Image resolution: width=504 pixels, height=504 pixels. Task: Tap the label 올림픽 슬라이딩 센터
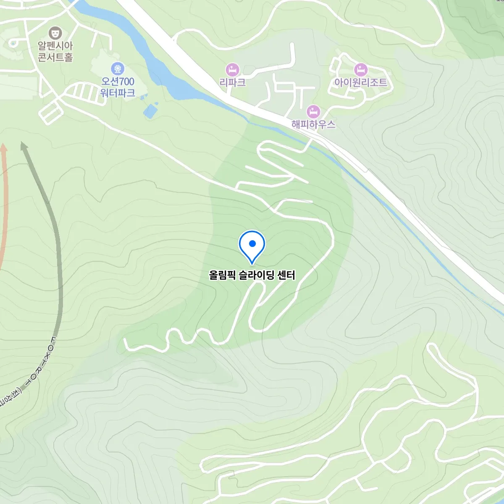click(252, 275)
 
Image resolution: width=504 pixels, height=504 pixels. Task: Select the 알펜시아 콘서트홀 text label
click(55, 51)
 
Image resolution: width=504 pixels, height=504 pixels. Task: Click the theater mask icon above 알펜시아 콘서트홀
click(55, 32)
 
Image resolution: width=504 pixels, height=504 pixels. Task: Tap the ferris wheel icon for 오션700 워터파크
click(118, 68)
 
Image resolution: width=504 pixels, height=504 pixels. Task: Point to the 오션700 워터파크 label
click(118, 87)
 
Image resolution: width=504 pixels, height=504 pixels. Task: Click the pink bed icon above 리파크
click(232, 69)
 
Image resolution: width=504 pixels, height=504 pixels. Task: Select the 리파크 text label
click(232, 82)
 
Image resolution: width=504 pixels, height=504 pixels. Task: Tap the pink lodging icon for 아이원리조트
click(360, 69)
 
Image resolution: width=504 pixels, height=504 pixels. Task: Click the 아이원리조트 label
click(360, 82)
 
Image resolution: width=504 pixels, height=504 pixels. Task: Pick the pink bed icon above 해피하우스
click(313, 112)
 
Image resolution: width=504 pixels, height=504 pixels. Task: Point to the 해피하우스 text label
click(313, 124)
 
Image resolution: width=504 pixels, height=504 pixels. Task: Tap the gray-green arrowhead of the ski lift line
click(24, 146)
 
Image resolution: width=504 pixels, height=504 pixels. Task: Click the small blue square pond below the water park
click(150, 110)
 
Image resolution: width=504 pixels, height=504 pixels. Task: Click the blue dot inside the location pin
click(252, 244)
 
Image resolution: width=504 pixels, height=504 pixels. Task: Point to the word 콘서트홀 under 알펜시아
click(55, 57)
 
